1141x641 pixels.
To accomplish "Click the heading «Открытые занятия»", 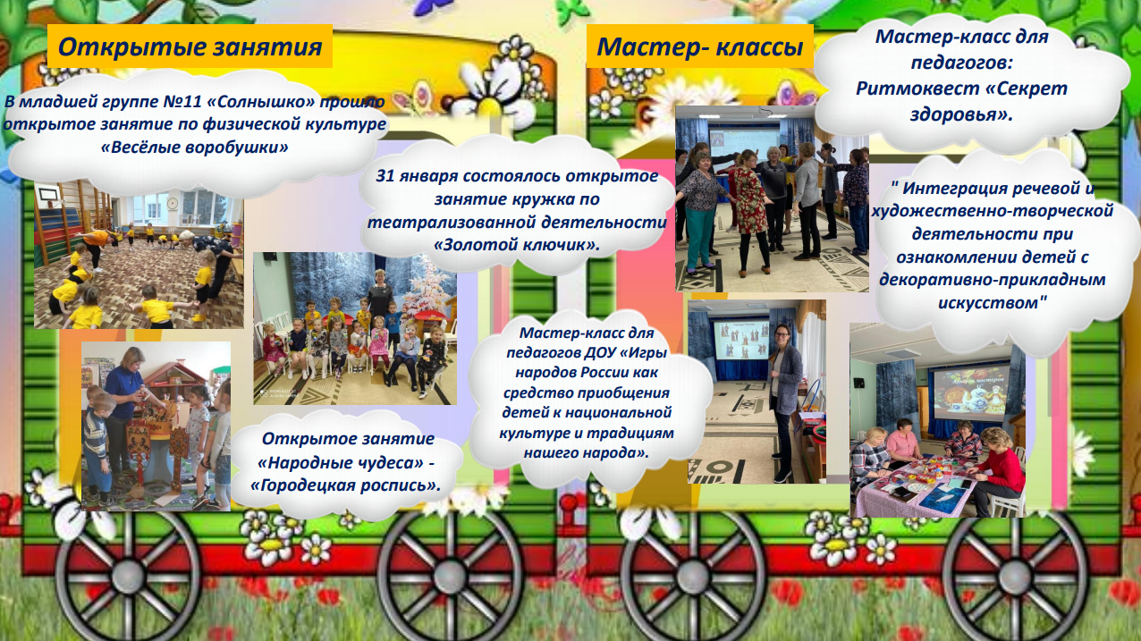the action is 190,46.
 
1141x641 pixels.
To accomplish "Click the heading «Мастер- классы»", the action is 700,46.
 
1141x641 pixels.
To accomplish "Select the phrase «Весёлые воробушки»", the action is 195,148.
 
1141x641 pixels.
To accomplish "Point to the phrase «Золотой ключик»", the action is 517,245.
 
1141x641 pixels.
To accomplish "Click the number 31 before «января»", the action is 385,175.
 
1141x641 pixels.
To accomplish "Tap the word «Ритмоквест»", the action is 917,89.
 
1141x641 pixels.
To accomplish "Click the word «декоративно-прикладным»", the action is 993,280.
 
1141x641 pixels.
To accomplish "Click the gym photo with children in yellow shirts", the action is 139,255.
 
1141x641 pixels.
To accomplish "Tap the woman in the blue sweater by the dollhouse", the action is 125,402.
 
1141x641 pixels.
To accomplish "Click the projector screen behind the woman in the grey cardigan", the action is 740,340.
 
